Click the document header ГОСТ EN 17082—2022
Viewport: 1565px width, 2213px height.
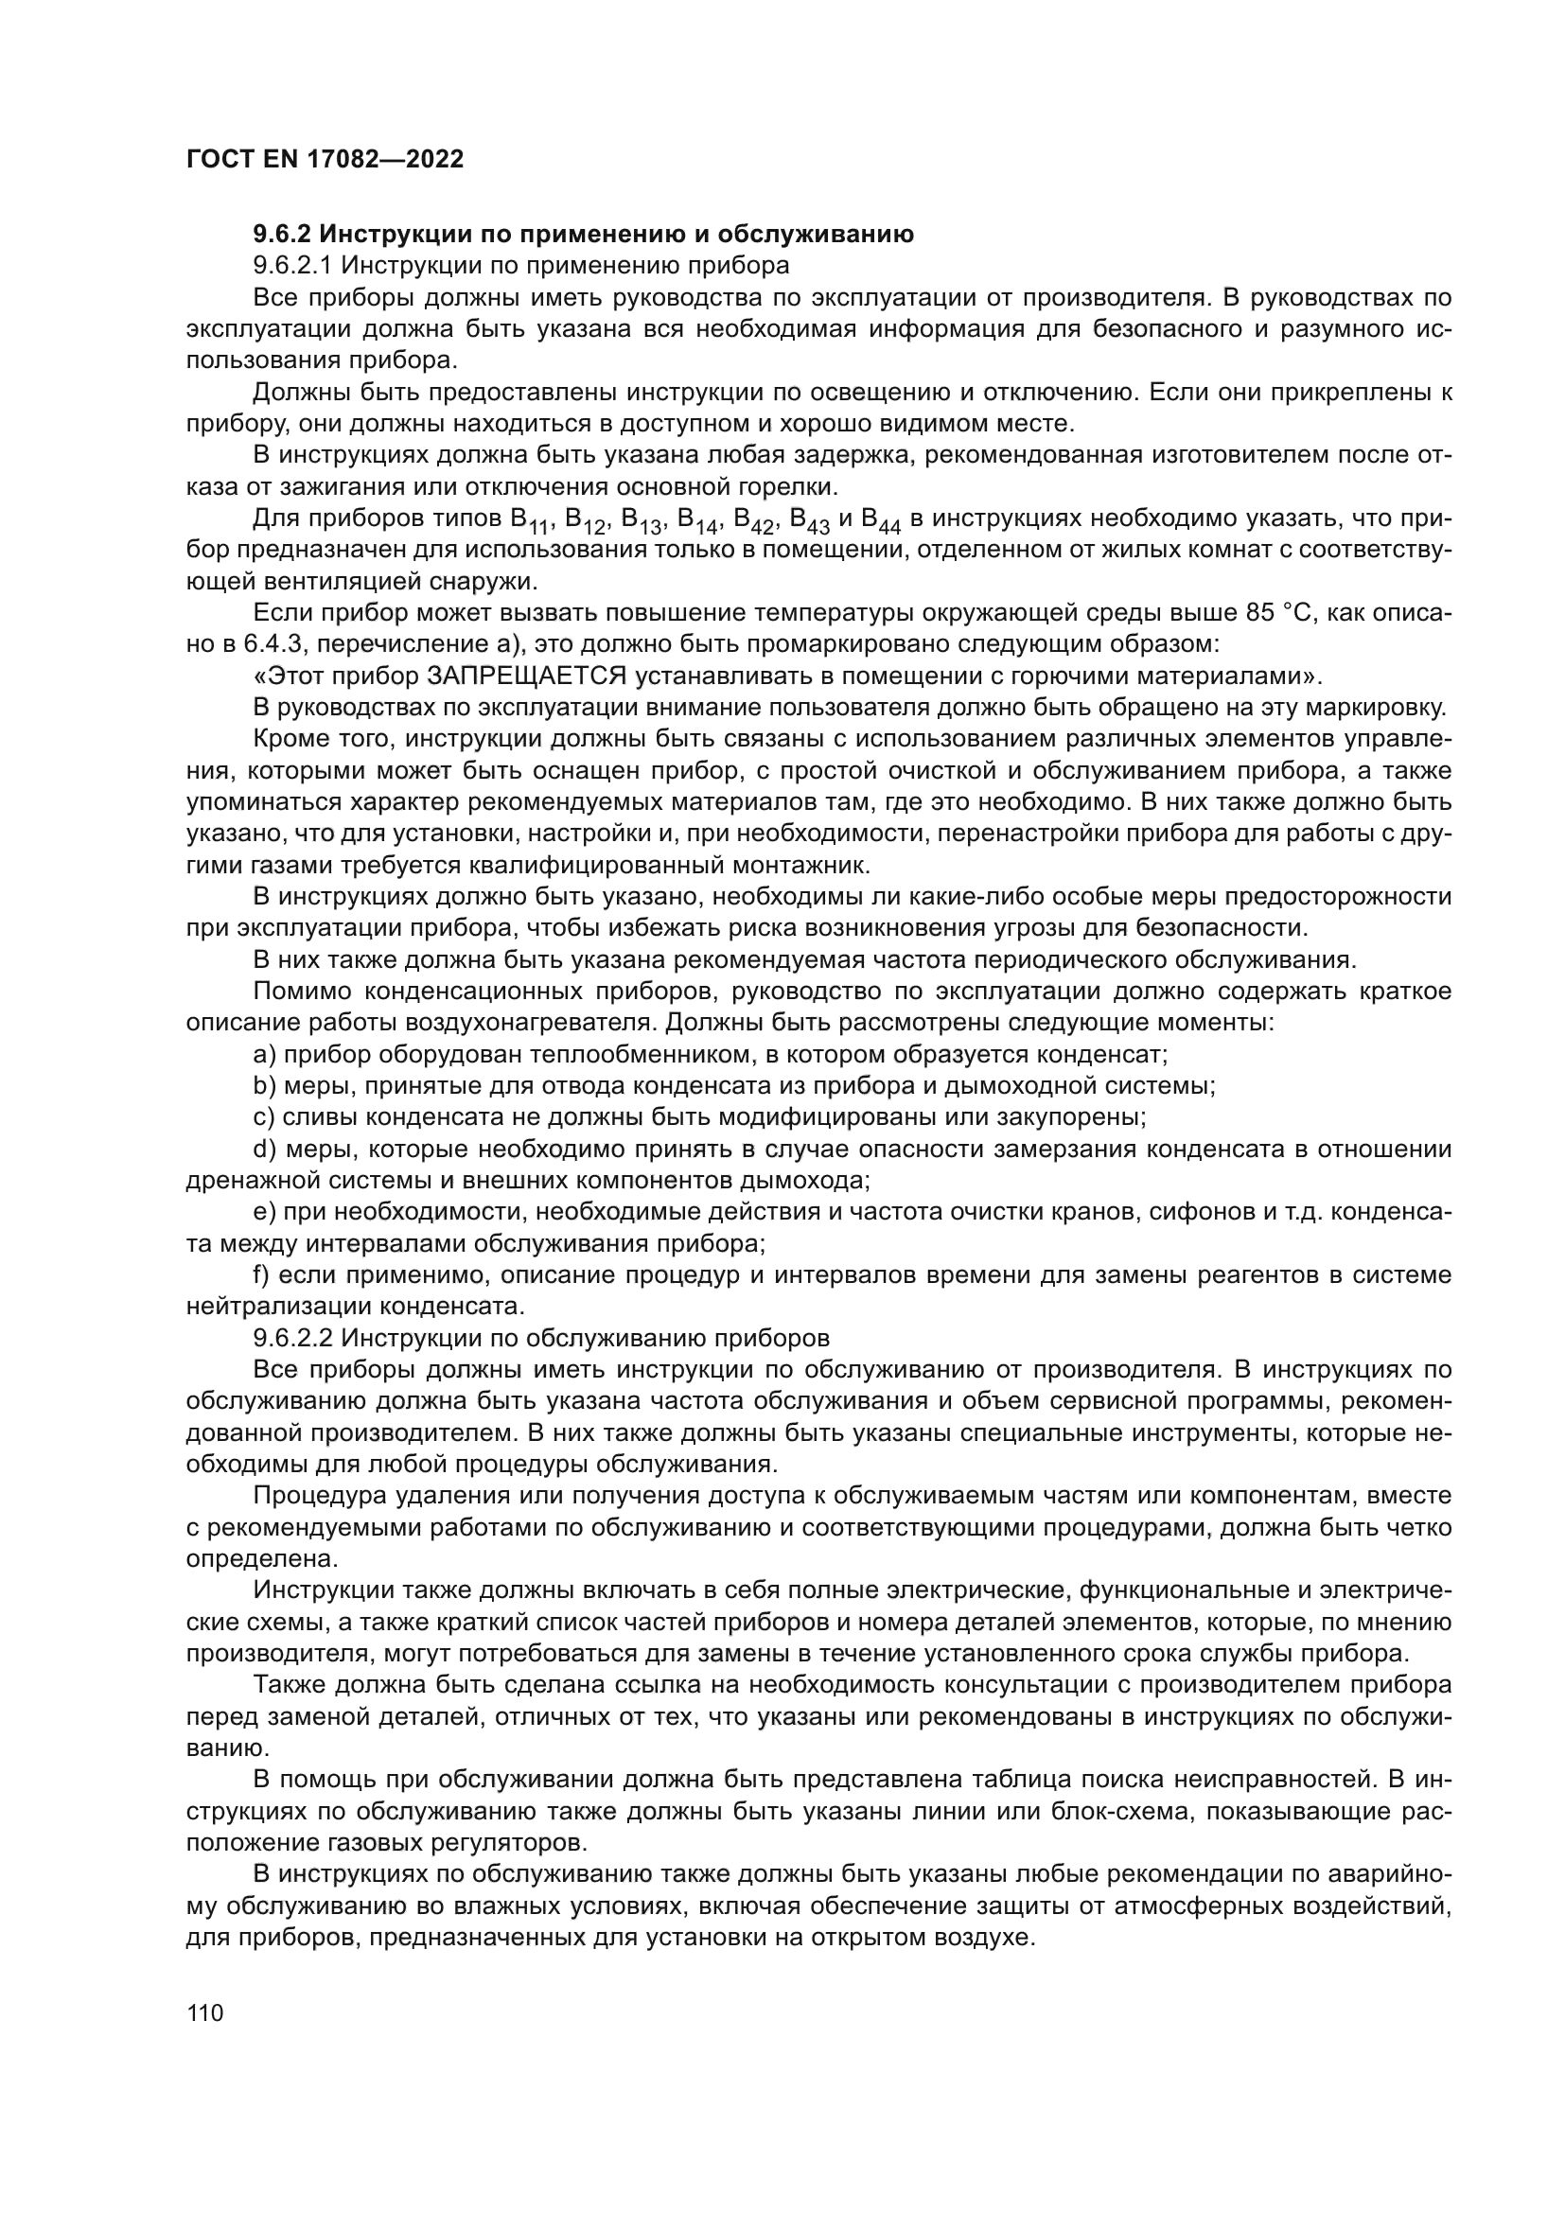[x=324, y=159]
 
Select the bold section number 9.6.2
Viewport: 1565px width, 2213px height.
[x=282, y=235]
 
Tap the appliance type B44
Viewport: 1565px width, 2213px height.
[x=881, y=521]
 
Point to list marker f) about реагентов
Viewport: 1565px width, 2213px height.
[x=260, y=1275]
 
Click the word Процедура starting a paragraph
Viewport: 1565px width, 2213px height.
[x=312, y=1496]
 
